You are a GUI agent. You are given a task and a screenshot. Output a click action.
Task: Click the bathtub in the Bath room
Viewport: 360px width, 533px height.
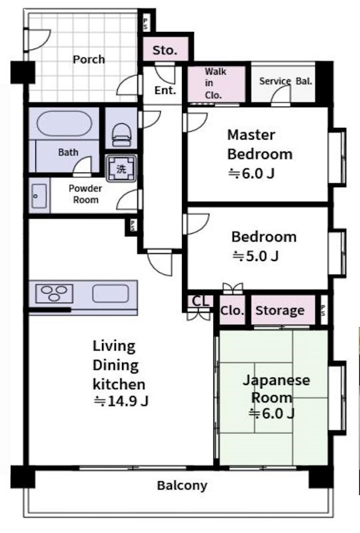point(64,123)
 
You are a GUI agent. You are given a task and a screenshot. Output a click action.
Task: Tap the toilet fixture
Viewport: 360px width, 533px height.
point(121,135)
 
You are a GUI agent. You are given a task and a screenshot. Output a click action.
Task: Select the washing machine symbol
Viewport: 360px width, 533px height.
point(121,169)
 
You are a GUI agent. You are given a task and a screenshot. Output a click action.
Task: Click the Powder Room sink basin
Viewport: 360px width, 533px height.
point(39,196)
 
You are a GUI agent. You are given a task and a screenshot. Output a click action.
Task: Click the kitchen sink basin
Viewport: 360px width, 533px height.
point(111,293)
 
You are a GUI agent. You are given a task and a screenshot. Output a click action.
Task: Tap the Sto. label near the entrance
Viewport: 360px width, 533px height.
point(165,51)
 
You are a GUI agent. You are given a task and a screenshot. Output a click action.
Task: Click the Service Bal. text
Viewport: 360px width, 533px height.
point(285,81)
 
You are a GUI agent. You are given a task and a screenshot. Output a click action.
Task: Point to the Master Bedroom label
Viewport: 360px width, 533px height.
point(259,145)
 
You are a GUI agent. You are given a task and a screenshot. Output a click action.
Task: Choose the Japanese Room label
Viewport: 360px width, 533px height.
point(276,388)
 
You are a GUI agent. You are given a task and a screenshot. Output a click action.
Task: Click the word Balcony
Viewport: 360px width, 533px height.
point(182,486)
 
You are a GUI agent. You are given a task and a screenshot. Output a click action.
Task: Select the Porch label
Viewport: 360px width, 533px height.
point(89,59)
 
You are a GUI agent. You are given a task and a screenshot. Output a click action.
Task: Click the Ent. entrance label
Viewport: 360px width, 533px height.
point(165,91)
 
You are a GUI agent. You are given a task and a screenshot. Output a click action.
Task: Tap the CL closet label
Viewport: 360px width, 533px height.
point(201,302)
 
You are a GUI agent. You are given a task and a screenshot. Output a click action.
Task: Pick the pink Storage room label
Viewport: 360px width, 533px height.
point(280,310)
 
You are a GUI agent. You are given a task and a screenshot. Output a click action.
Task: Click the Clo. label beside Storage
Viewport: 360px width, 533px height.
point(233,310)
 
